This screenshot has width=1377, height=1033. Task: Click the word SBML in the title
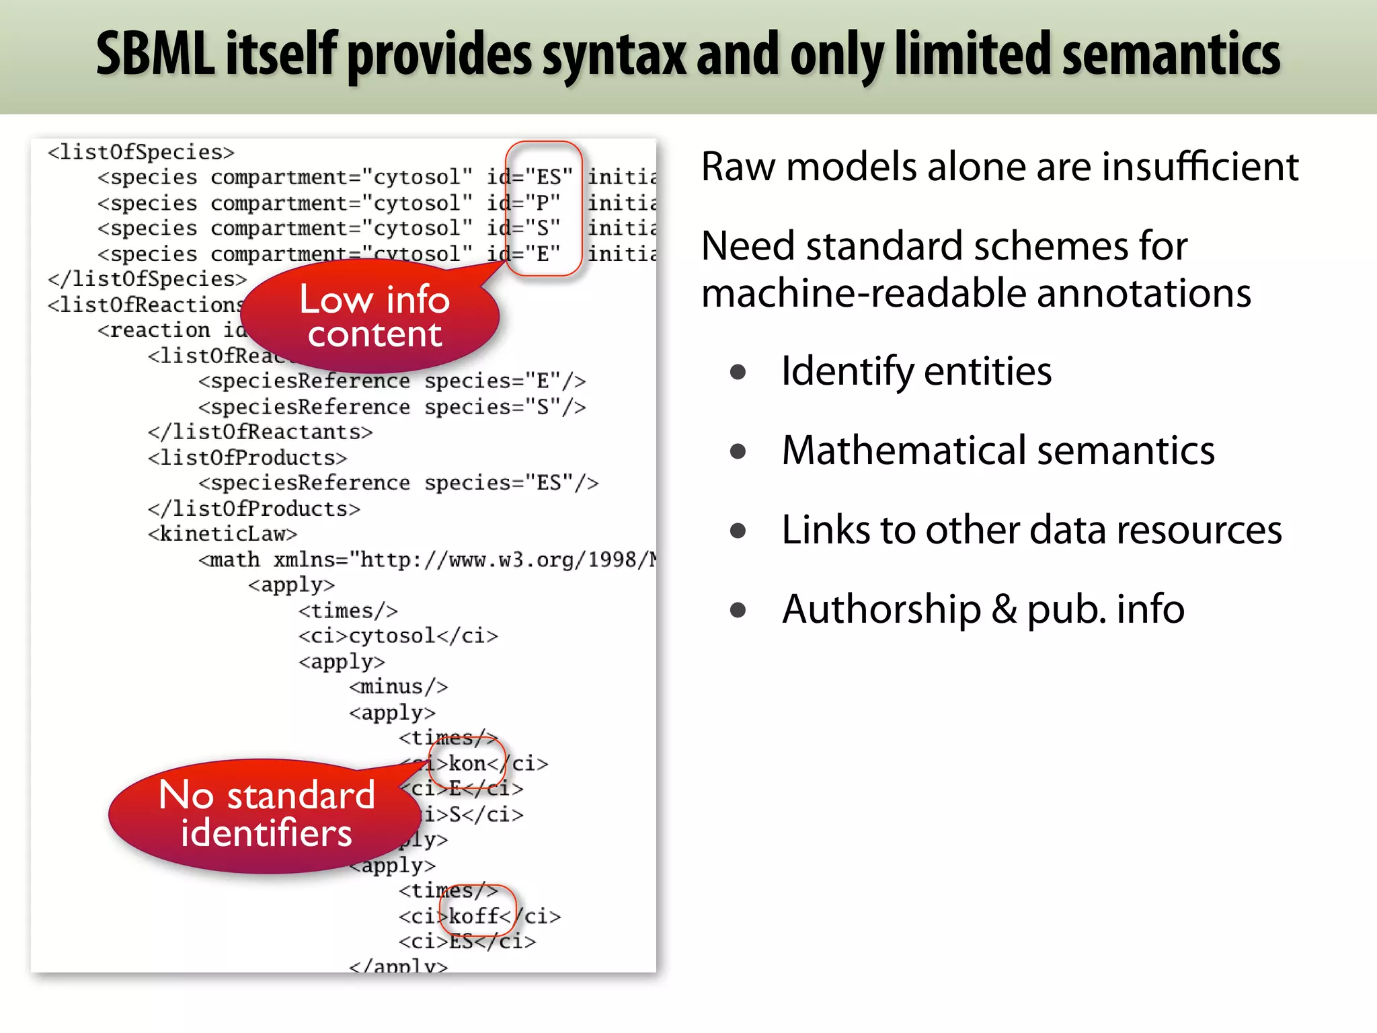(x=156, y=54)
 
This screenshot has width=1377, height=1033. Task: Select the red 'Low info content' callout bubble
(x=374, y=316)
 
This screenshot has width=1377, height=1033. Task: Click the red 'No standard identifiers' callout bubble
(x=266, y=815)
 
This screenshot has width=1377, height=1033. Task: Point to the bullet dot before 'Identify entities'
(x=738, y=372)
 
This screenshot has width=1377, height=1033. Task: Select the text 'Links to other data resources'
(x=1031, y=529)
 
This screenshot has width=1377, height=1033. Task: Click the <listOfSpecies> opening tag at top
(x=141, y=152)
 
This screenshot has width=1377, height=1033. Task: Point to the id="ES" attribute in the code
(x=530, y=177)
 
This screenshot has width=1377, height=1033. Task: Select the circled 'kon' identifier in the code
(x=467, y=763)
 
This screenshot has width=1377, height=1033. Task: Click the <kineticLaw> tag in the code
(x=223, y=534)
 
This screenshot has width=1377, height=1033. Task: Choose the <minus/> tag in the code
(x=398, y=687)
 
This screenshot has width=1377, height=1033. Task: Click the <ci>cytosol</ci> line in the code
(x=398, y=636)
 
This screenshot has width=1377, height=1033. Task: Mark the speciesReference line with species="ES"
(x=398, y=483)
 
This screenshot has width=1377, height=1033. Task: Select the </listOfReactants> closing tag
(x=260, y=432)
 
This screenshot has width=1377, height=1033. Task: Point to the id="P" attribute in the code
(x=523, y=202)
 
